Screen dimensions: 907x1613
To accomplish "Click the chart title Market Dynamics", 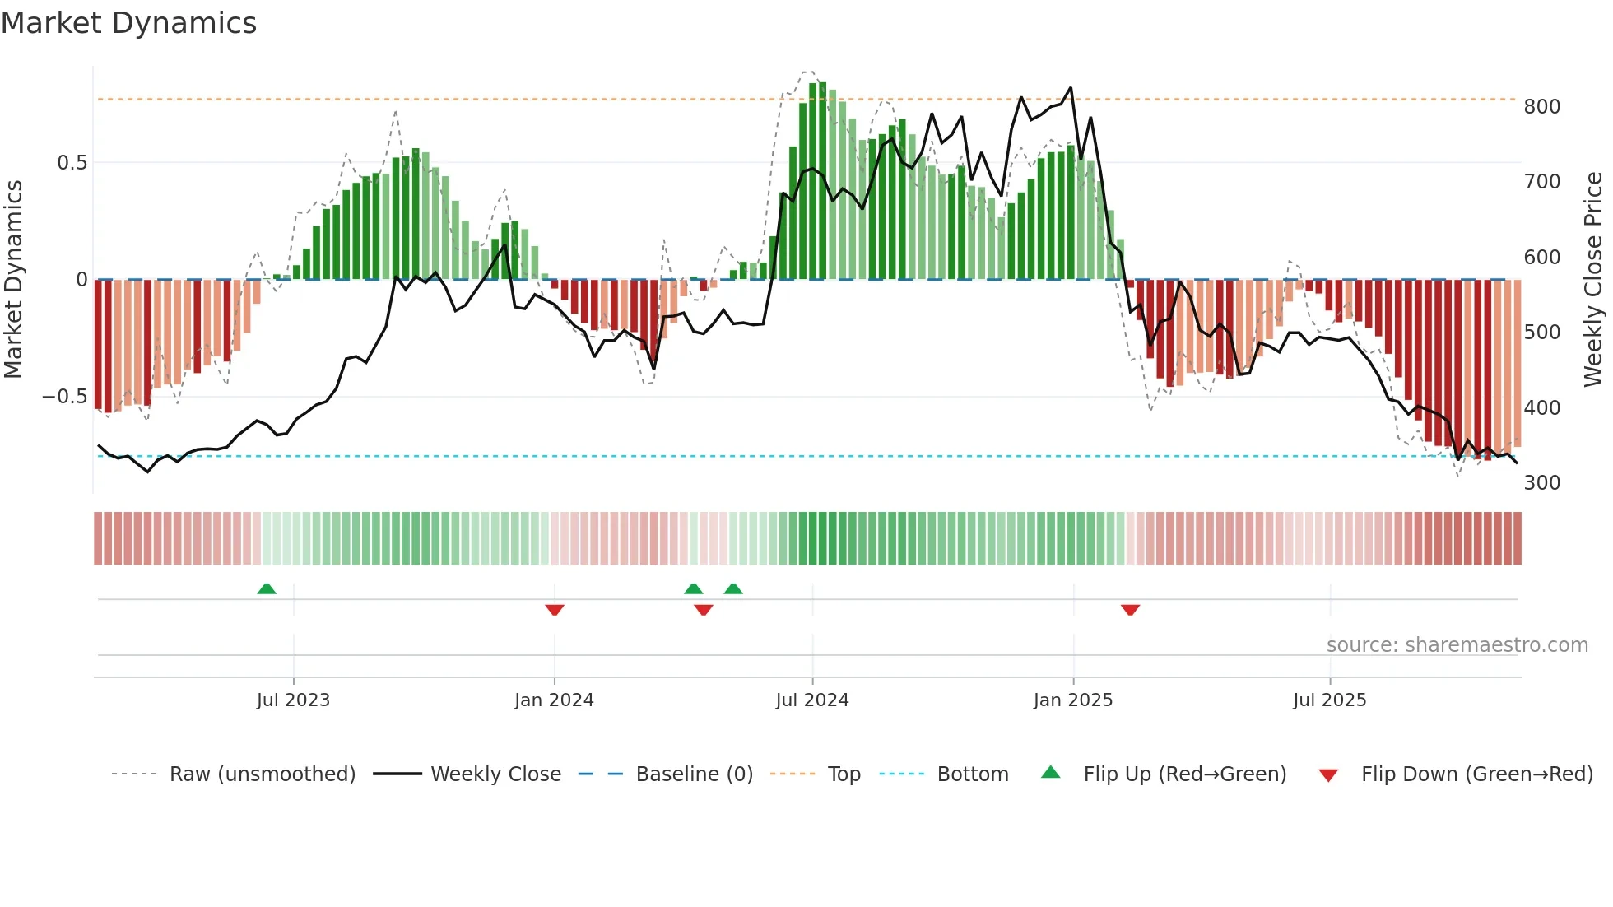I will point(128,23).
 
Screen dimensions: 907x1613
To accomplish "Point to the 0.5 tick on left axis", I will point(72,163).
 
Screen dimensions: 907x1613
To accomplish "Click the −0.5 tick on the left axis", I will point(65,397).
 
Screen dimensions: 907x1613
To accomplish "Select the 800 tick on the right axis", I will point(1541,107).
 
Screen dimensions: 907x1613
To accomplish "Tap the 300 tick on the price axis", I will point(1541,483).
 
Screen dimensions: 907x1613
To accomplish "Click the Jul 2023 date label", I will point(293,700).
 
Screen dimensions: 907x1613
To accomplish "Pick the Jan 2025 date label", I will point(1072,700).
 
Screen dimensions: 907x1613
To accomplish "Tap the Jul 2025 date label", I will point(1329,700).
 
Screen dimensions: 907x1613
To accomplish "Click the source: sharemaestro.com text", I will point(1457,645).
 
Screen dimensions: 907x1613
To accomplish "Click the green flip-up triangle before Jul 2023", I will point(267,588).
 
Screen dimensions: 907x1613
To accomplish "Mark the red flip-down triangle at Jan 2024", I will point(555,610).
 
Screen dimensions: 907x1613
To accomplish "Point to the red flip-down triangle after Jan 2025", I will point(1130,610).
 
